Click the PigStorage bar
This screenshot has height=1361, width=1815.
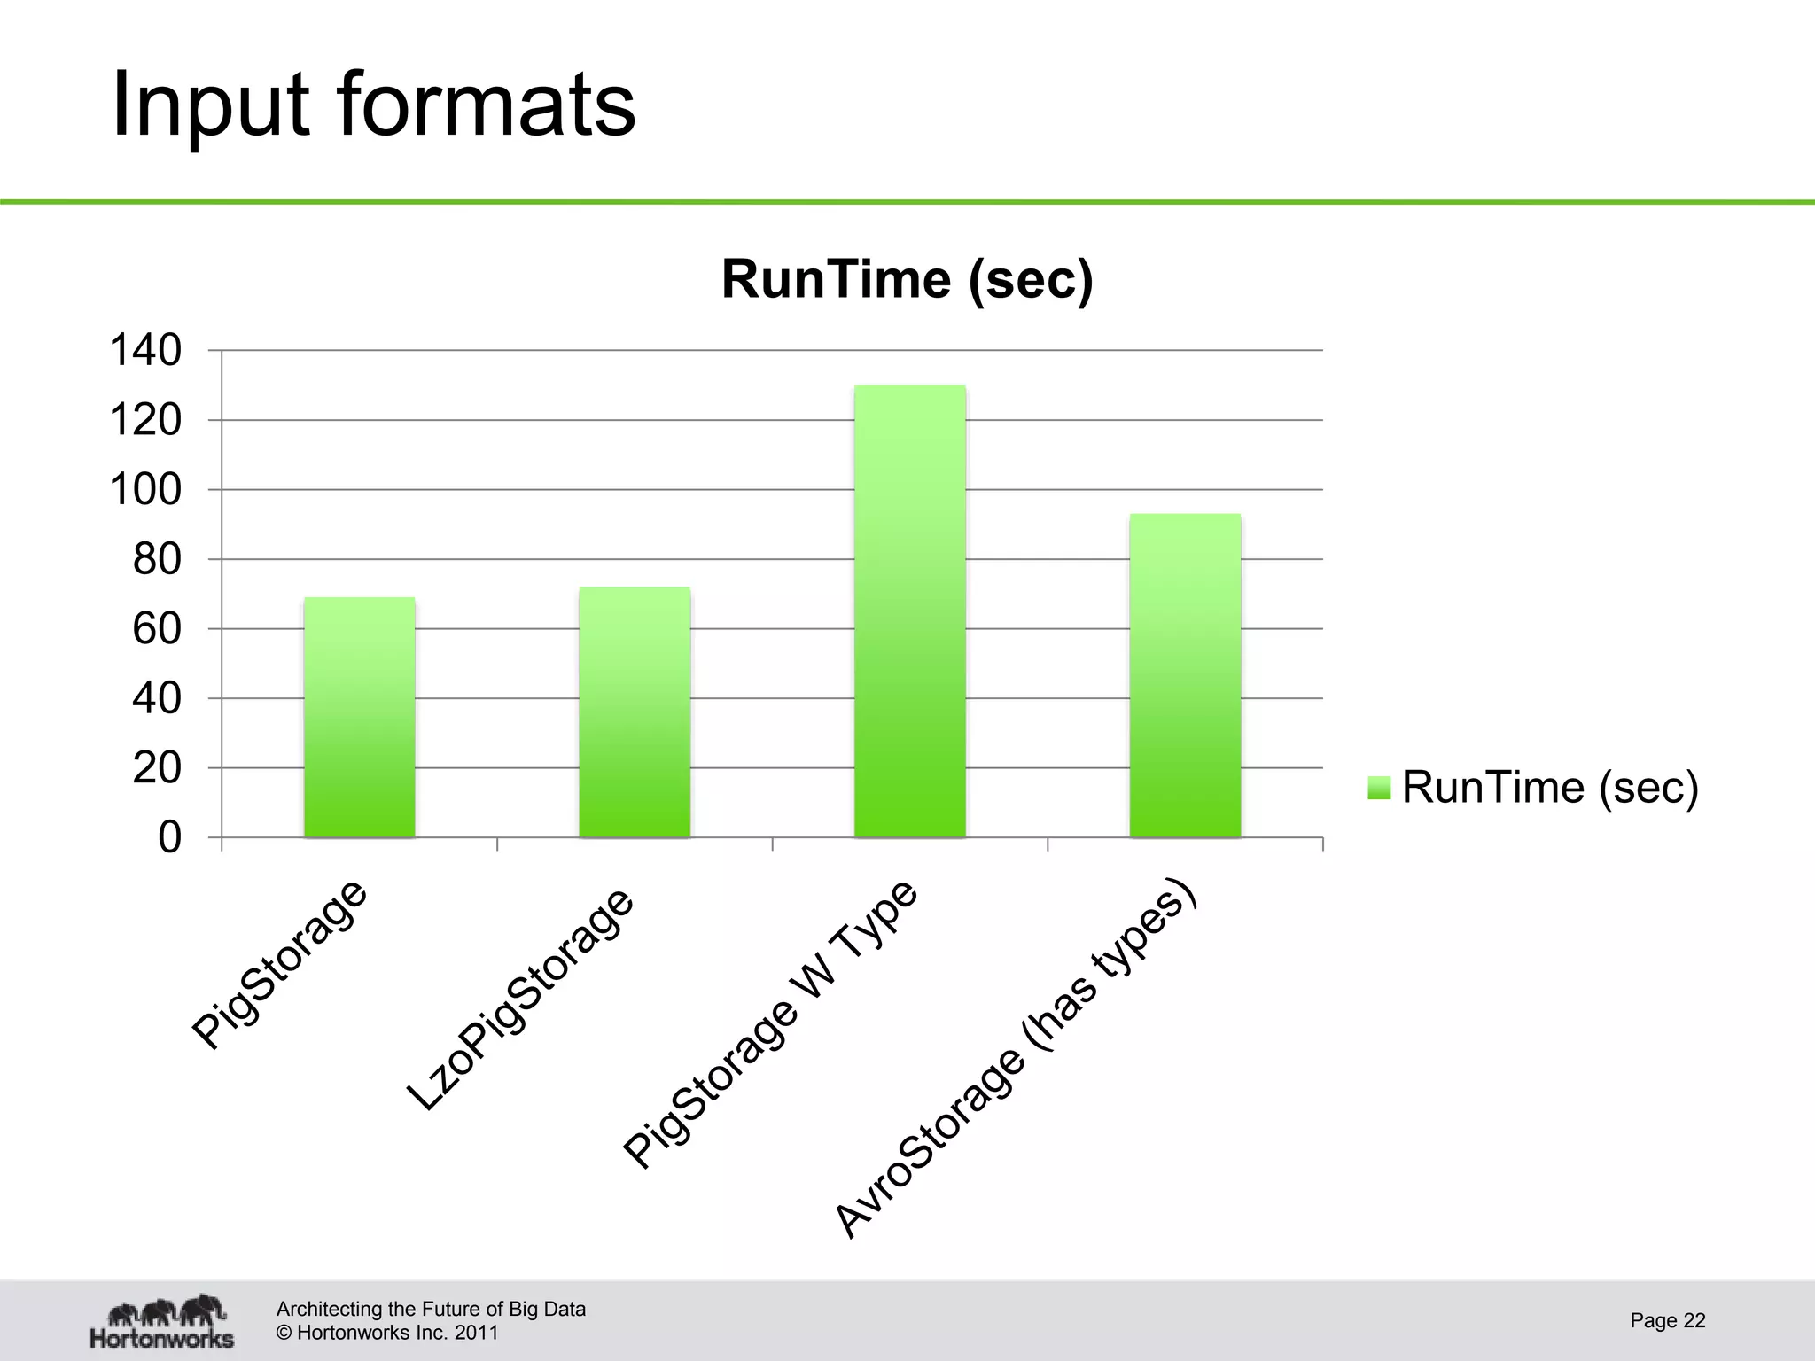click(x=359, y=718)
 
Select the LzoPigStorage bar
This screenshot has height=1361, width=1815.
click(x=635, y=712)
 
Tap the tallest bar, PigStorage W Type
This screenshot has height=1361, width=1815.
click(x=910, y=611)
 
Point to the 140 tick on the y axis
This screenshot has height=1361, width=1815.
click(x=145, y=351)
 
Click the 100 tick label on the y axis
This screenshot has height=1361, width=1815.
click(x=145, y=490)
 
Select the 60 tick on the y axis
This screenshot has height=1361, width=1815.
click(x=157, y=629)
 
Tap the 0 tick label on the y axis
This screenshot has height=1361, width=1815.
click(x=169, y=837)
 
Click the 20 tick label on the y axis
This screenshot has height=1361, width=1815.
click(x=157, y=768)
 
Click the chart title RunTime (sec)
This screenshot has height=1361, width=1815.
click(x=907, y=279)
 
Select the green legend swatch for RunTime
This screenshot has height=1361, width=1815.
click(x=1379, y=787)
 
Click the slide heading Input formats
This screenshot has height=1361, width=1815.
click(x=373, y=105)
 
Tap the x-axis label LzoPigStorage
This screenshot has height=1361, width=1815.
click(x=521, y=999)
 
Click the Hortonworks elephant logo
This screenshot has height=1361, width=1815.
click(x=162, y=1320)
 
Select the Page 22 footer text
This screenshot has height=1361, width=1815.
click(x=1667, y=1320)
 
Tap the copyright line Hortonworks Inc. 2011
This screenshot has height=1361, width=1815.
click(x=387, y=1333)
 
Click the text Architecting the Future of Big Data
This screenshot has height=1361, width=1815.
click(x=431, y=1309)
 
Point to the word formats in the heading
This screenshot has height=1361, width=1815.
click(x=487, y=105)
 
